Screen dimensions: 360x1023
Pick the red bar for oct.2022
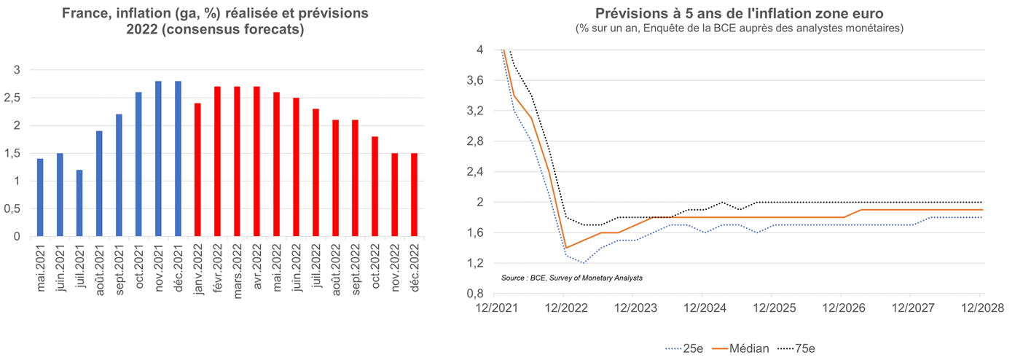(374, 187)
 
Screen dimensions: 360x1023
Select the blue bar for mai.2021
(40, 197)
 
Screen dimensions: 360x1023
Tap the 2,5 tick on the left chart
(17, 98)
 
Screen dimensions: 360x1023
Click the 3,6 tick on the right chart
(474, 80)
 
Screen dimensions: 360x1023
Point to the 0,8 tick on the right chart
(474, 294)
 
